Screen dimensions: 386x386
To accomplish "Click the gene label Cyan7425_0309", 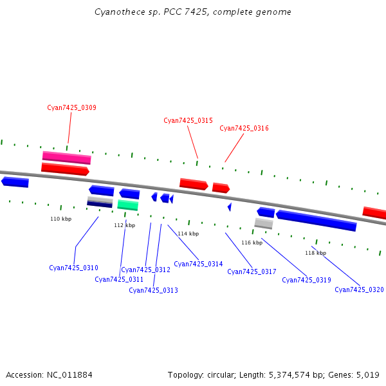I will [71, 107].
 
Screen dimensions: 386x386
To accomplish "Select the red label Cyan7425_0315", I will [188, 120].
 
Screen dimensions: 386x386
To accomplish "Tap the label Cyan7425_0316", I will [244, 128].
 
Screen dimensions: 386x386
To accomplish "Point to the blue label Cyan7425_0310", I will [73, 268].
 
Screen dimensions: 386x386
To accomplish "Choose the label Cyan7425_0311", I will [119, 279].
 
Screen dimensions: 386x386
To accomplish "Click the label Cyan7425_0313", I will [153, 290].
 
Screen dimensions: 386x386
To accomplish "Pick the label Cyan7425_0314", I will [198, 264].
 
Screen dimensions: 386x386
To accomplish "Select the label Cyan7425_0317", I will [252, 271].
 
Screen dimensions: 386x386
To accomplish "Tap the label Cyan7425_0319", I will [306, 280].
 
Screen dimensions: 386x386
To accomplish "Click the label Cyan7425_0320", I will [359, 289].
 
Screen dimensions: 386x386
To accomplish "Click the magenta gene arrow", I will [66, 157].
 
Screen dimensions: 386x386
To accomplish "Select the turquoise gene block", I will [127, 205].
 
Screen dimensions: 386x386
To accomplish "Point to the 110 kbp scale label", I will [61, 219].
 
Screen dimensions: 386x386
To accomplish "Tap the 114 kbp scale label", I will [188, 234].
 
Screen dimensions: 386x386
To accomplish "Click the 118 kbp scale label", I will [315, 253].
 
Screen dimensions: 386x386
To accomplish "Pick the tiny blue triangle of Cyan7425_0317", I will [229, 207].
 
